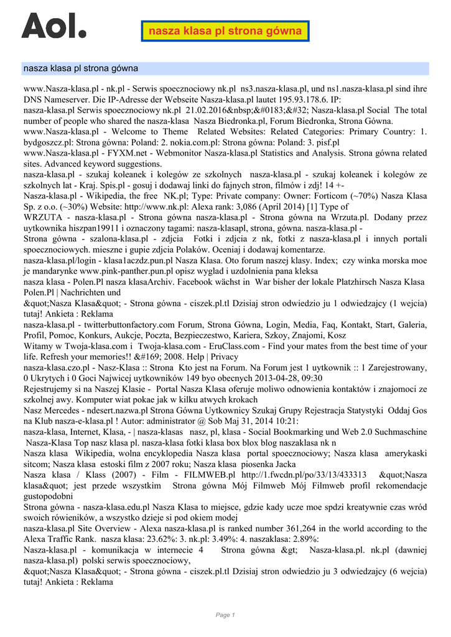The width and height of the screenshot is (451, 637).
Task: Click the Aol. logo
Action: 53,26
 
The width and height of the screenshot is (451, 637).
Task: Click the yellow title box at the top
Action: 225,30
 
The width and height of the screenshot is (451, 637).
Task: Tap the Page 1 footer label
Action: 225,615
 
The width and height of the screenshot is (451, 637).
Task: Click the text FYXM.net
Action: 124,152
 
